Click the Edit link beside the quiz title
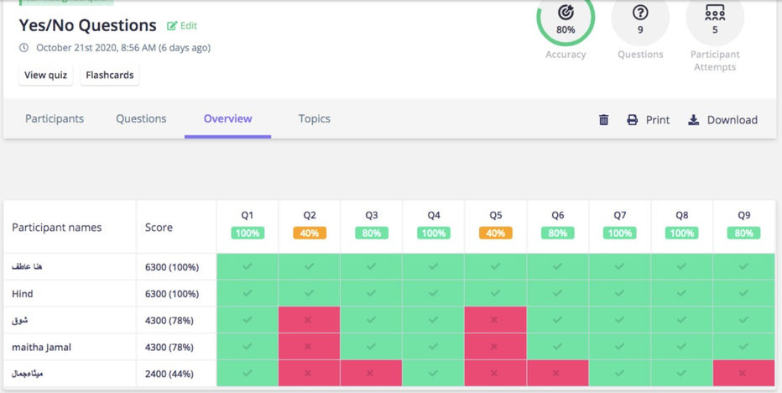click(x=182, y=26)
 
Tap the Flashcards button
click(x=110, y=75)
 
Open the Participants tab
click(x=55, y=118)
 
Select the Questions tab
click(x=141, y=118)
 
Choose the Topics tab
click(x=314, y=118)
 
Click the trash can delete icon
click(x=603, y=120)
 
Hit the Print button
click(x=649, y=120)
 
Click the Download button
click(x=722, y=120)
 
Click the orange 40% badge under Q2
click(x=310, y=233)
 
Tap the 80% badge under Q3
click(x=372, y=233)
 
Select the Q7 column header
click(x=620, y=215)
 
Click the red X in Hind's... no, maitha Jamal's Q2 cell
click(x=310, y=346)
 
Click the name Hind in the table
click(x=22, y=294)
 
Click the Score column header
click(x=159, y=227)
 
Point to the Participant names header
click(x=56, y=227)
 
